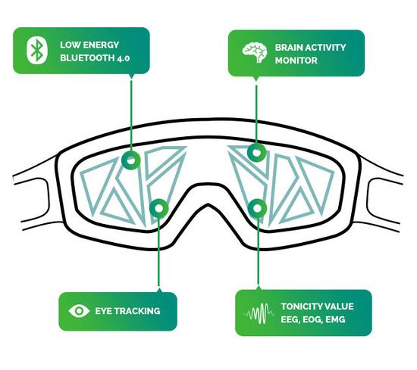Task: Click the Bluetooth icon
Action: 37,51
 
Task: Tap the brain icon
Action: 255,52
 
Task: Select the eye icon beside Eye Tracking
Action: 79,311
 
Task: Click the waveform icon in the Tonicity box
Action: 259,314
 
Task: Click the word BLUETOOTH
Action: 87,58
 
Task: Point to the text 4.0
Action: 123,58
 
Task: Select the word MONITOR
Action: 296,61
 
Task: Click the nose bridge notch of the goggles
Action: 208,204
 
